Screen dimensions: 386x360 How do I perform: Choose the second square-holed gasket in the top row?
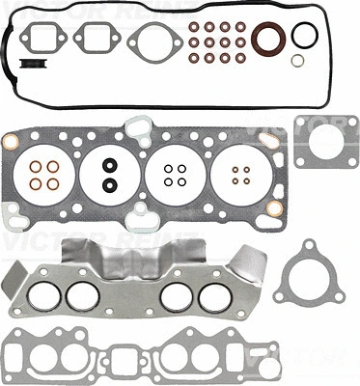tap(97, 41)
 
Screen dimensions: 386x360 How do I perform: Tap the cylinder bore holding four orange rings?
tap(42, 174)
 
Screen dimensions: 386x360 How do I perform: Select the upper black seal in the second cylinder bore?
tap(110, 164)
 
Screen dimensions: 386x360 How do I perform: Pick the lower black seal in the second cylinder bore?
tap(110, 183)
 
